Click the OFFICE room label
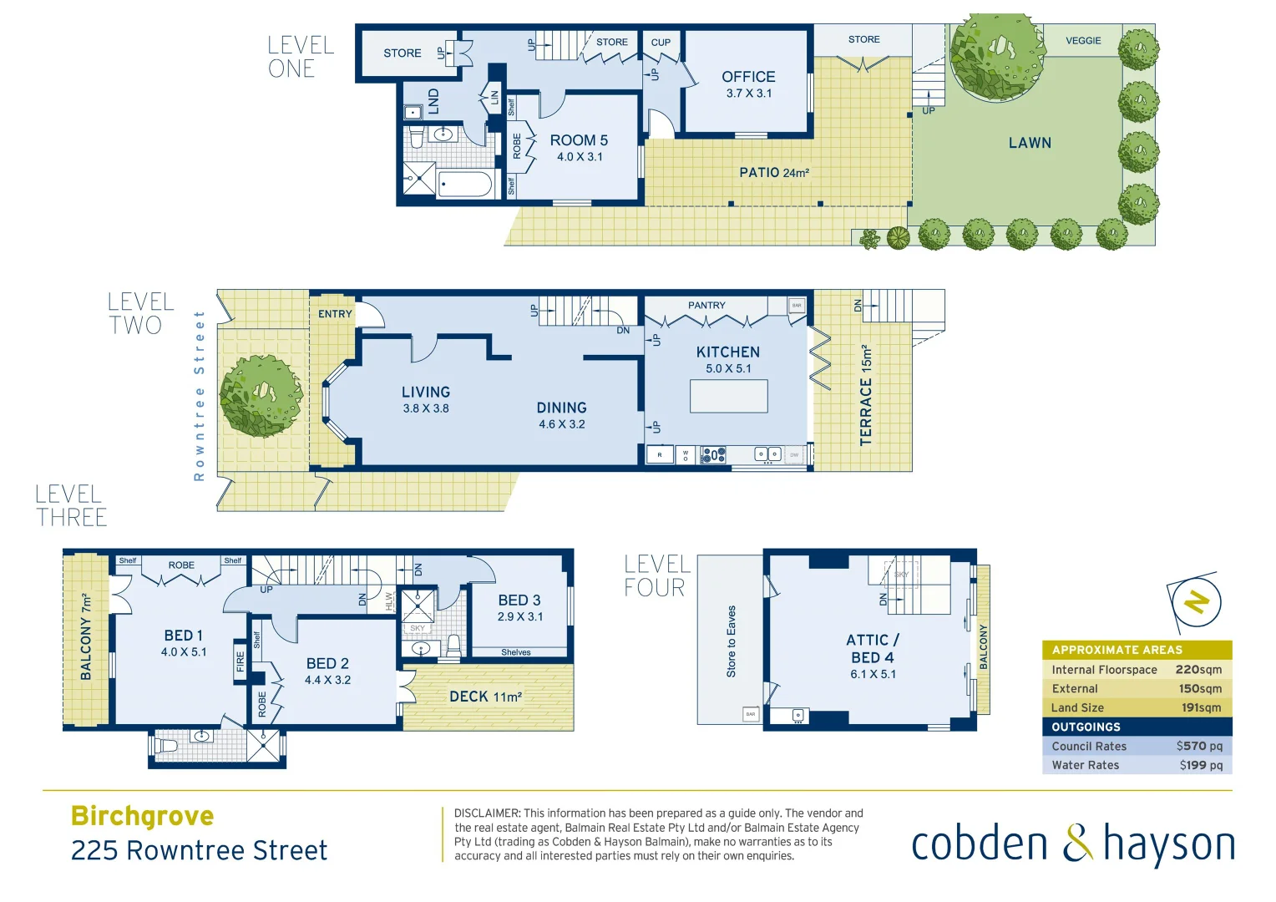click(x=748, y=77)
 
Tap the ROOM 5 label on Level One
click(x=579, y=140)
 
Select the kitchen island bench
click(x=728, y=396)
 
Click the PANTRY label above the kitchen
click(x=706, y=306)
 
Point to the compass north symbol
click(x=1197, y=601)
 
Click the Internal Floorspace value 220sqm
click(x=1198, y=670)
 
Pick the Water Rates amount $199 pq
click(x=1201, y=765)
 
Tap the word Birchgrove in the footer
click(x=143, y=816)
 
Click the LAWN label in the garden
click(x=1030, y=143)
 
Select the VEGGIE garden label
click(x=1083, y=40)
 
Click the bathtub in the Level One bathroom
click(x=464, y=184)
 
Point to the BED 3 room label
click(x=519, y=600)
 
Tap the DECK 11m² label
click(x=485, y=697)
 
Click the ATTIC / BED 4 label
click(x=873, y=649)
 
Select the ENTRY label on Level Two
click(x=335, y=314)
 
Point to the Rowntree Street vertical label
click(x=199, y=396)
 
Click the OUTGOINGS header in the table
click(x=1086, y=727)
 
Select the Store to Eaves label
click(x=732, y=641)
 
